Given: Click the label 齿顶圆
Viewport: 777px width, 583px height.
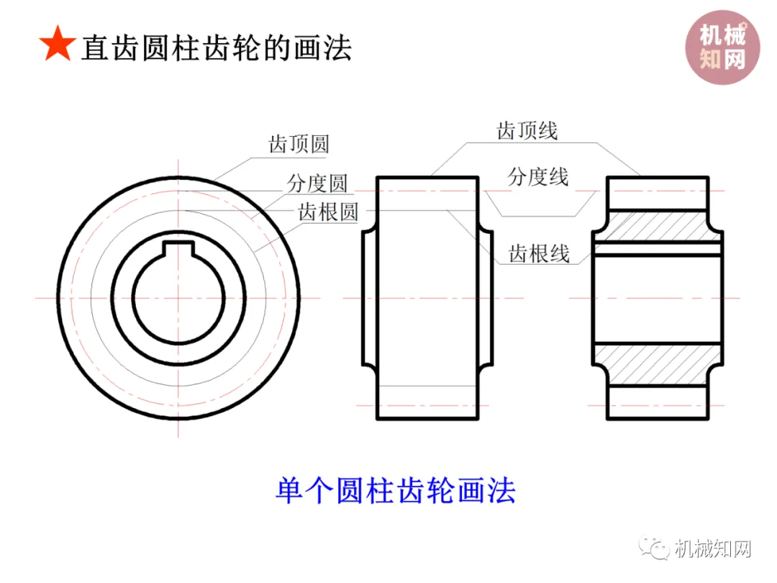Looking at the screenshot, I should coord(299,144).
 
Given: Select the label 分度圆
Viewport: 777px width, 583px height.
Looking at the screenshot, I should coord(317,183).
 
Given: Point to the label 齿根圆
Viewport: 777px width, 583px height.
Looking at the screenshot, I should coord(328,212).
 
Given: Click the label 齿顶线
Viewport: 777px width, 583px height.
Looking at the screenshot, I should coord(527,130).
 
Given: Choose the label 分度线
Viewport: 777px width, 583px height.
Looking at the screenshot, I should coord(538,176).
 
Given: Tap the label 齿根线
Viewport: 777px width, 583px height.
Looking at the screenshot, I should coord(540,253).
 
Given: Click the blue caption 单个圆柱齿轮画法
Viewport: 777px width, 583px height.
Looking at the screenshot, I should coord(396,491).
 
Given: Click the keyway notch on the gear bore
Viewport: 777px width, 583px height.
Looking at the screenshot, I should coord(180,249).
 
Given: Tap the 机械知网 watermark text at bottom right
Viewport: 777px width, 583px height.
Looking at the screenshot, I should coord(713,550).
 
